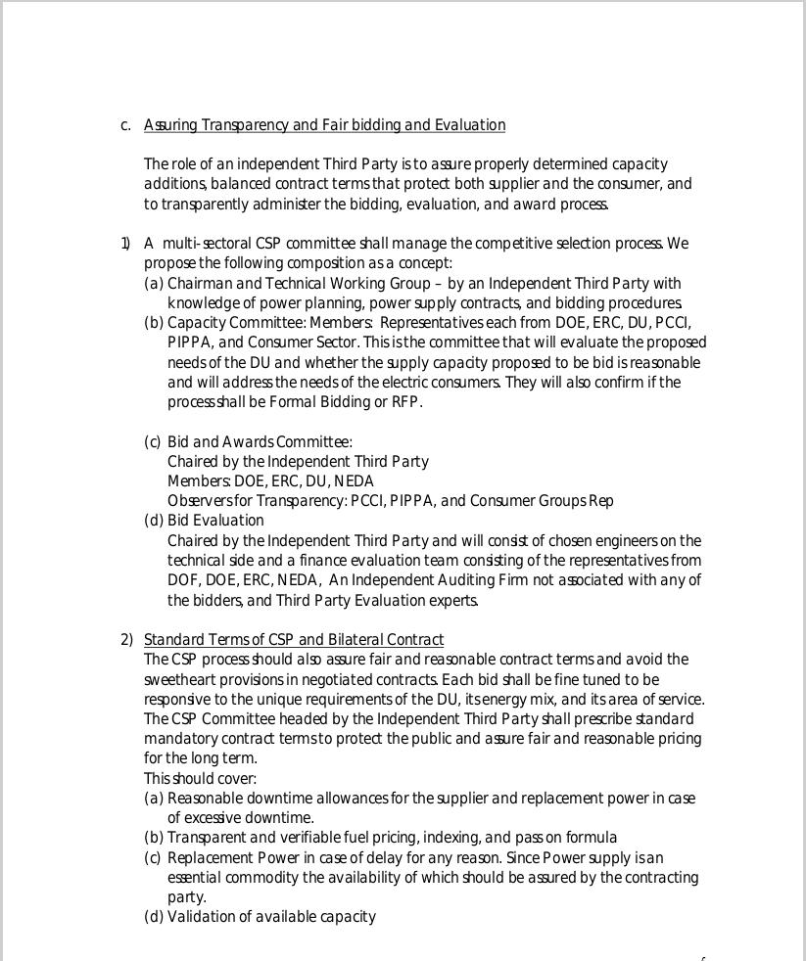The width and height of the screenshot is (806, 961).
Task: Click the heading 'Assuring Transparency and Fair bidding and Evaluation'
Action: point(324,125)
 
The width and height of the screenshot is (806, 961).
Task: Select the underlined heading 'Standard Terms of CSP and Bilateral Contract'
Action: point(293,640)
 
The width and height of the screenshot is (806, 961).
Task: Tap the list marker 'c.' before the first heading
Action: point(125,125)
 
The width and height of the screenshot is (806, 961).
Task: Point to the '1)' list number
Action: point(126,244)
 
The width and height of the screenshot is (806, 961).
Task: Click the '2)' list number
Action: point(126,640)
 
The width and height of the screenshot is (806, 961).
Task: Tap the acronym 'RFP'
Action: point(405,402)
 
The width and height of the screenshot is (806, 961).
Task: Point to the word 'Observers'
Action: point(197,501)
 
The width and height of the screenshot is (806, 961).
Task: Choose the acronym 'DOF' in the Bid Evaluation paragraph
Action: point(183,580)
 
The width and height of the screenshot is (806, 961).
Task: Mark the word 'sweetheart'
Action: point(179,680)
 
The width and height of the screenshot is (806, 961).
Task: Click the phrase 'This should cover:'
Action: point(200,779)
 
